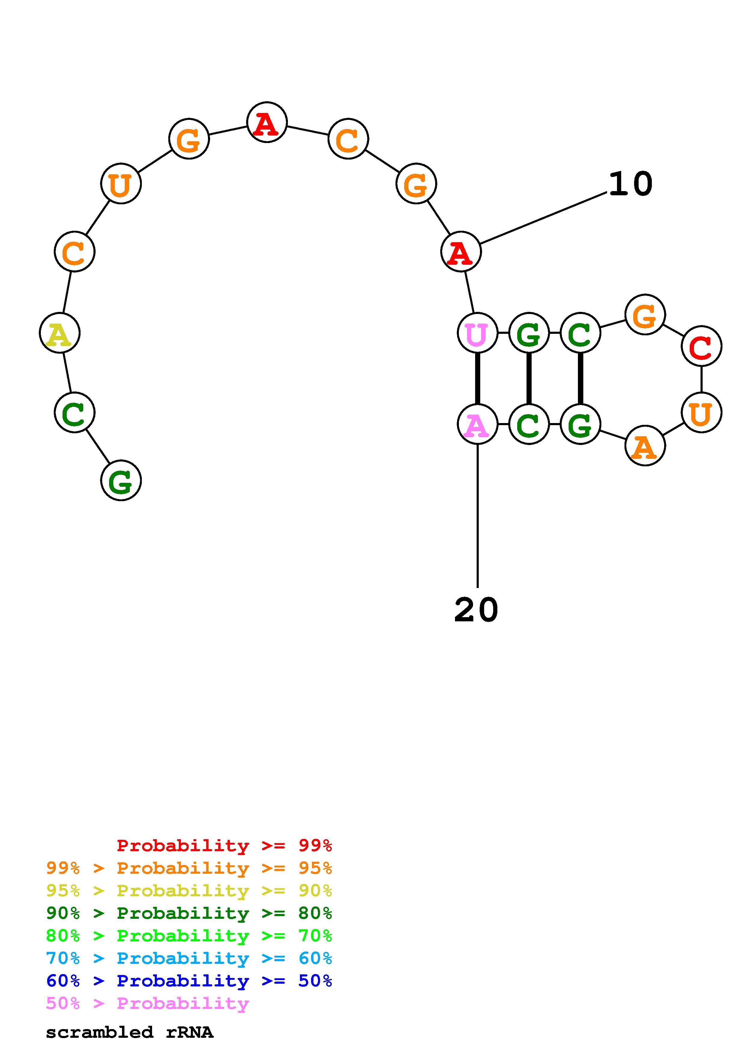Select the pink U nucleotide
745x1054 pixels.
478,333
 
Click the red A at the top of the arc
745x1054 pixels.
267,123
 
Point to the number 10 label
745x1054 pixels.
630,184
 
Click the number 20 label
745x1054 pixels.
476,610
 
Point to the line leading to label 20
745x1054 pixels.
478,514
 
